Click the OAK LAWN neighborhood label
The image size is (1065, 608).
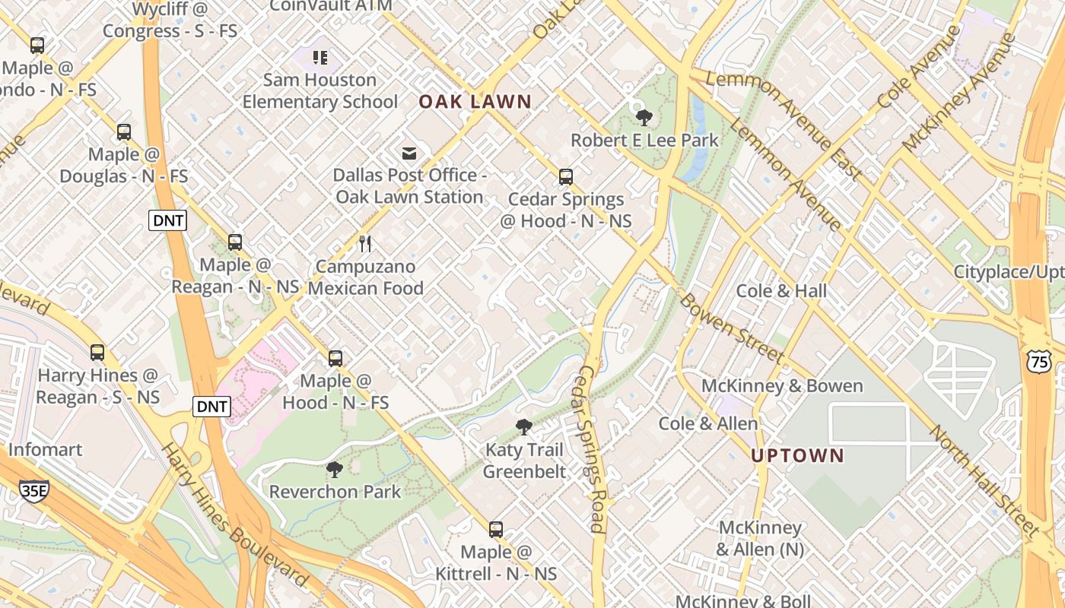(475, 102)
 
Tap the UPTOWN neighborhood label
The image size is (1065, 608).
(797, 456)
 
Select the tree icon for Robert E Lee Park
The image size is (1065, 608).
(644, 118)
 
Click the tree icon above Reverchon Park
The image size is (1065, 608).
(334, 470)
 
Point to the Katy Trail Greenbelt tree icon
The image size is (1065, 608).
(523, 427)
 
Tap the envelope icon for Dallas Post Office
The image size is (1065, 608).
(409, 154)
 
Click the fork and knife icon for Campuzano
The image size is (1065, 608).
(365, 244)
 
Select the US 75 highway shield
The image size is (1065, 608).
(1039, 363)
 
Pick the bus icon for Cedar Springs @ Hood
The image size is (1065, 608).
(565, 177)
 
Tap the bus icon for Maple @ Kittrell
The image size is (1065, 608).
(496, 530)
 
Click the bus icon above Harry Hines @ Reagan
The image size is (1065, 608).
(97, 353)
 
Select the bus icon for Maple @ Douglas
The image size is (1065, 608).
(124, 132)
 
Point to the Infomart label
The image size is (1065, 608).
(45, 450)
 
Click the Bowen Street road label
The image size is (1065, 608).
(731, 327)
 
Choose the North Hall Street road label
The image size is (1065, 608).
(984, 480)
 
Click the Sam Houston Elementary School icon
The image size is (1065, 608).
(320, 58)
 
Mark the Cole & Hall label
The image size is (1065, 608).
(781, 291)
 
